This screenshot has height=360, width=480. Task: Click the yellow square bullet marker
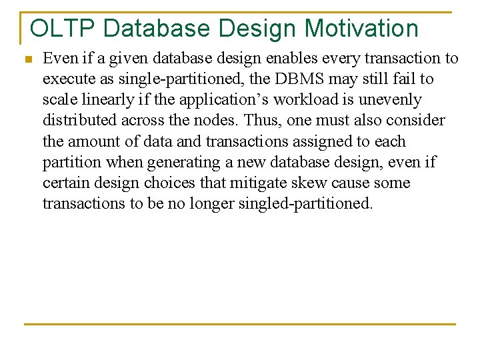coord(27,59)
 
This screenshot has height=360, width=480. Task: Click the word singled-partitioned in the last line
coord(290,203)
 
